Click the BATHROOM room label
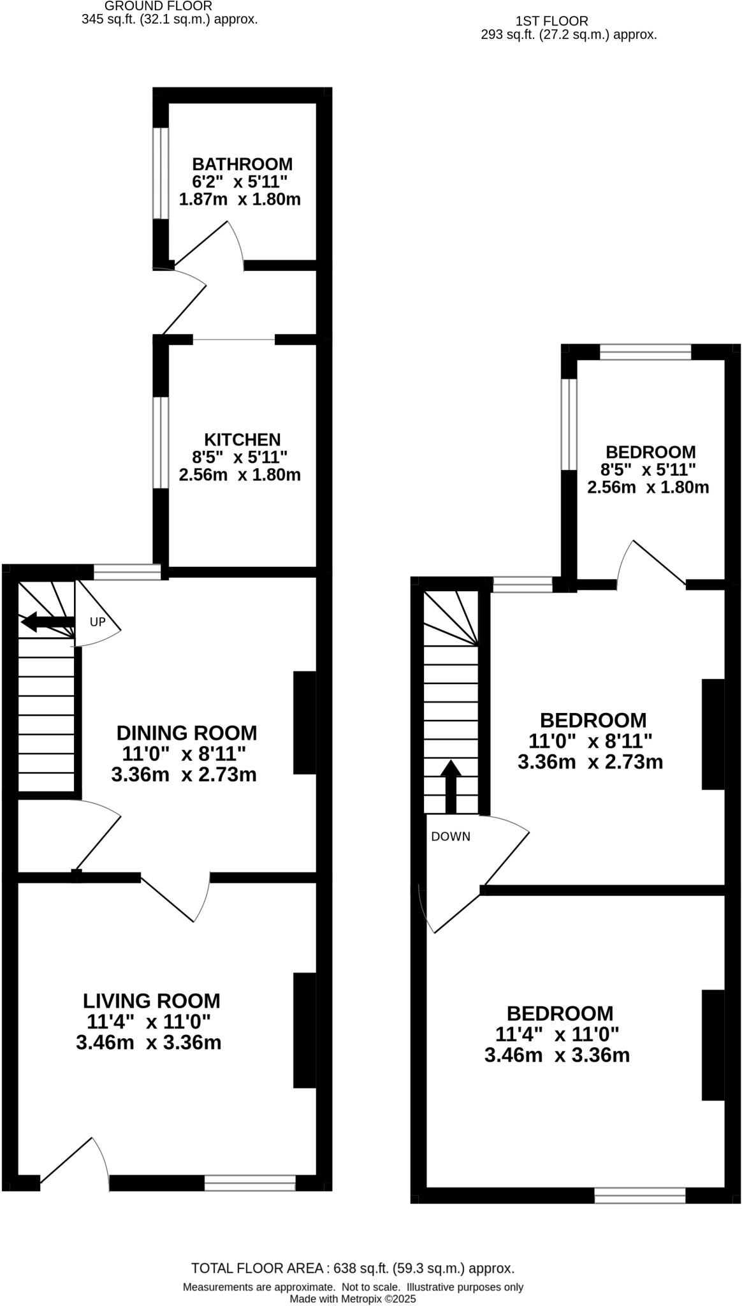coord(242,164)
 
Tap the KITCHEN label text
coord(242,439)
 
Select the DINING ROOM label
coord(187,733)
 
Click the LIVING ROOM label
coord(152,1001)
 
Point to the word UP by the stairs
coord(97,622)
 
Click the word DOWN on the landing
coord(451,837)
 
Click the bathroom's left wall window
coord(161,173)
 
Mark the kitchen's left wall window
coord(161,443)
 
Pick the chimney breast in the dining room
coord(305,723)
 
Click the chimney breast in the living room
coord(305,1030)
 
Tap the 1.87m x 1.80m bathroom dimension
coord(240,200)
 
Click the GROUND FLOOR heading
coord(158,6)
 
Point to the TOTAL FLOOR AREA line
coord(353,1268)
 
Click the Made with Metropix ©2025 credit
coord(353,1298)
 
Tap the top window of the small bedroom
coord(645,352)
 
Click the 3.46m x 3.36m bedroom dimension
coord(557,1055)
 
